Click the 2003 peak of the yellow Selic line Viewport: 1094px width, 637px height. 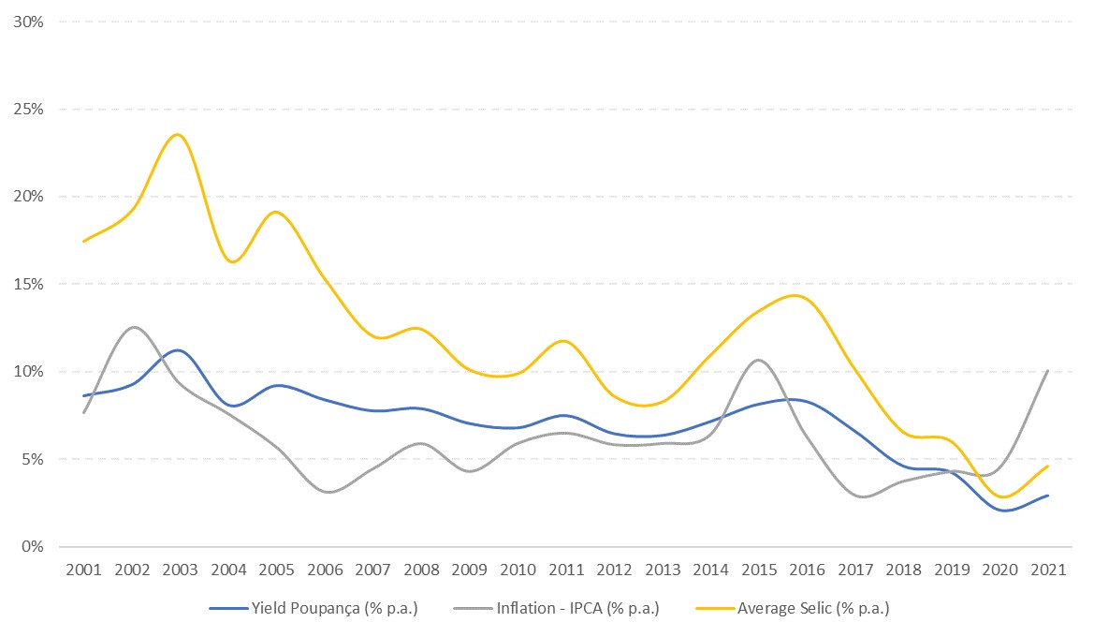[x=178, y=135]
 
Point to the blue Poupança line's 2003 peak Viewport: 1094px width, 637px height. [x=179, y=350]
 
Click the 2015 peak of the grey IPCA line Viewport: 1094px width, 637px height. [x=757, y=360]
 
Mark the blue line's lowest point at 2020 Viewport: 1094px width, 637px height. [x=1003, y=511]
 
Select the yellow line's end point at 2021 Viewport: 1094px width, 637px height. [x=1047, y=466]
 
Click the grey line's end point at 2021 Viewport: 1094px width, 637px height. [x=1047, y=371]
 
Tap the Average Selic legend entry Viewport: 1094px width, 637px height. [x=793, y=609]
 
